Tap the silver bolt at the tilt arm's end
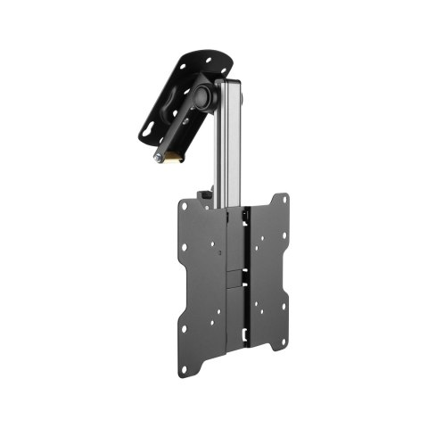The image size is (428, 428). (159, 157)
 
